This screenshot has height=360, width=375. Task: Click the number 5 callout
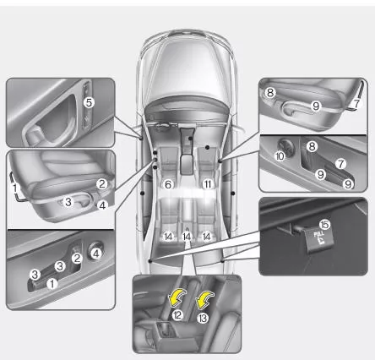tap(87, 101)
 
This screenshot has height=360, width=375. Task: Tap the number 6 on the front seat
tap(168, 183)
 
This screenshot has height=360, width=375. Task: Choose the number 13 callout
tap(203, 318)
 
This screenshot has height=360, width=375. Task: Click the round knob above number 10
tap(281, 141)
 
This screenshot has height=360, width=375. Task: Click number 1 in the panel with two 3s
tap(52, 284)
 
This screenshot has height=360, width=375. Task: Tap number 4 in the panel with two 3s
tap(98, 252)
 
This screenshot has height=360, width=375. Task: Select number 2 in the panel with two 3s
tap(76, 258)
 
